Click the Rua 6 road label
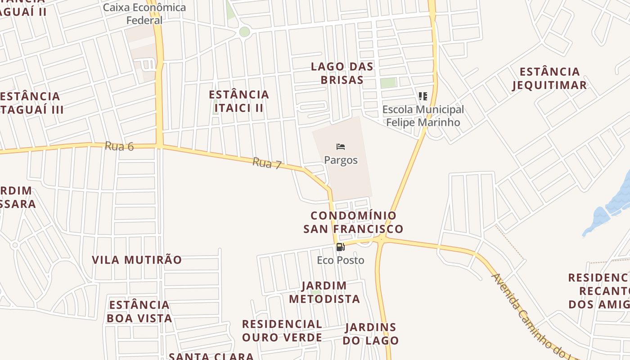pos(119,146)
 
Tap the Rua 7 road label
pos(267,163)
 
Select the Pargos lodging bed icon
pos(341,147)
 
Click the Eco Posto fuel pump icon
pos(341,247)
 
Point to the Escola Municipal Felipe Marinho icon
pos(423,96)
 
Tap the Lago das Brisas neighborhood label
pos(342,73)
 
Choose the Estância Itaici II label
pos(239,101)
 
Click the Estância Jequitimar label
pos(549,78)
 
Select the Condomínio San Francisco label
pos(353,222)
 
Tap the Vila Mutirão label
pos(137,260)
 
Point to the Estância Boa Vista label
pos(139,311)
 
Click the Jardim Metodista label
pos(324,292)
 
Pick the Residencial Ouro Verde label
pos(282,331)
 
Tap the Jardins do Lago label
pos(371,334)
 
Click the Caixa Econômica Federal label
pos(144,14)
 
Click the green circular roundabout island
pos(244,31)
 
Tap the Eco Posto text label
pos(341,260)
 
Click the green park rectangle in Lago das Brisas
pos(388,83)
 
